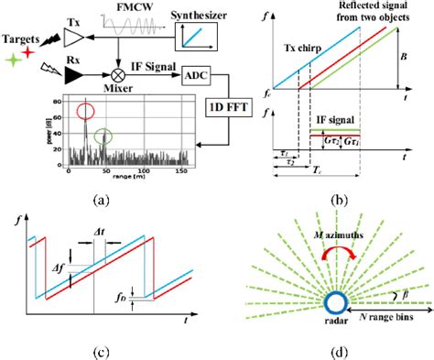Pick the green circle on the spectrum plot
[x=105, y=136]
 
